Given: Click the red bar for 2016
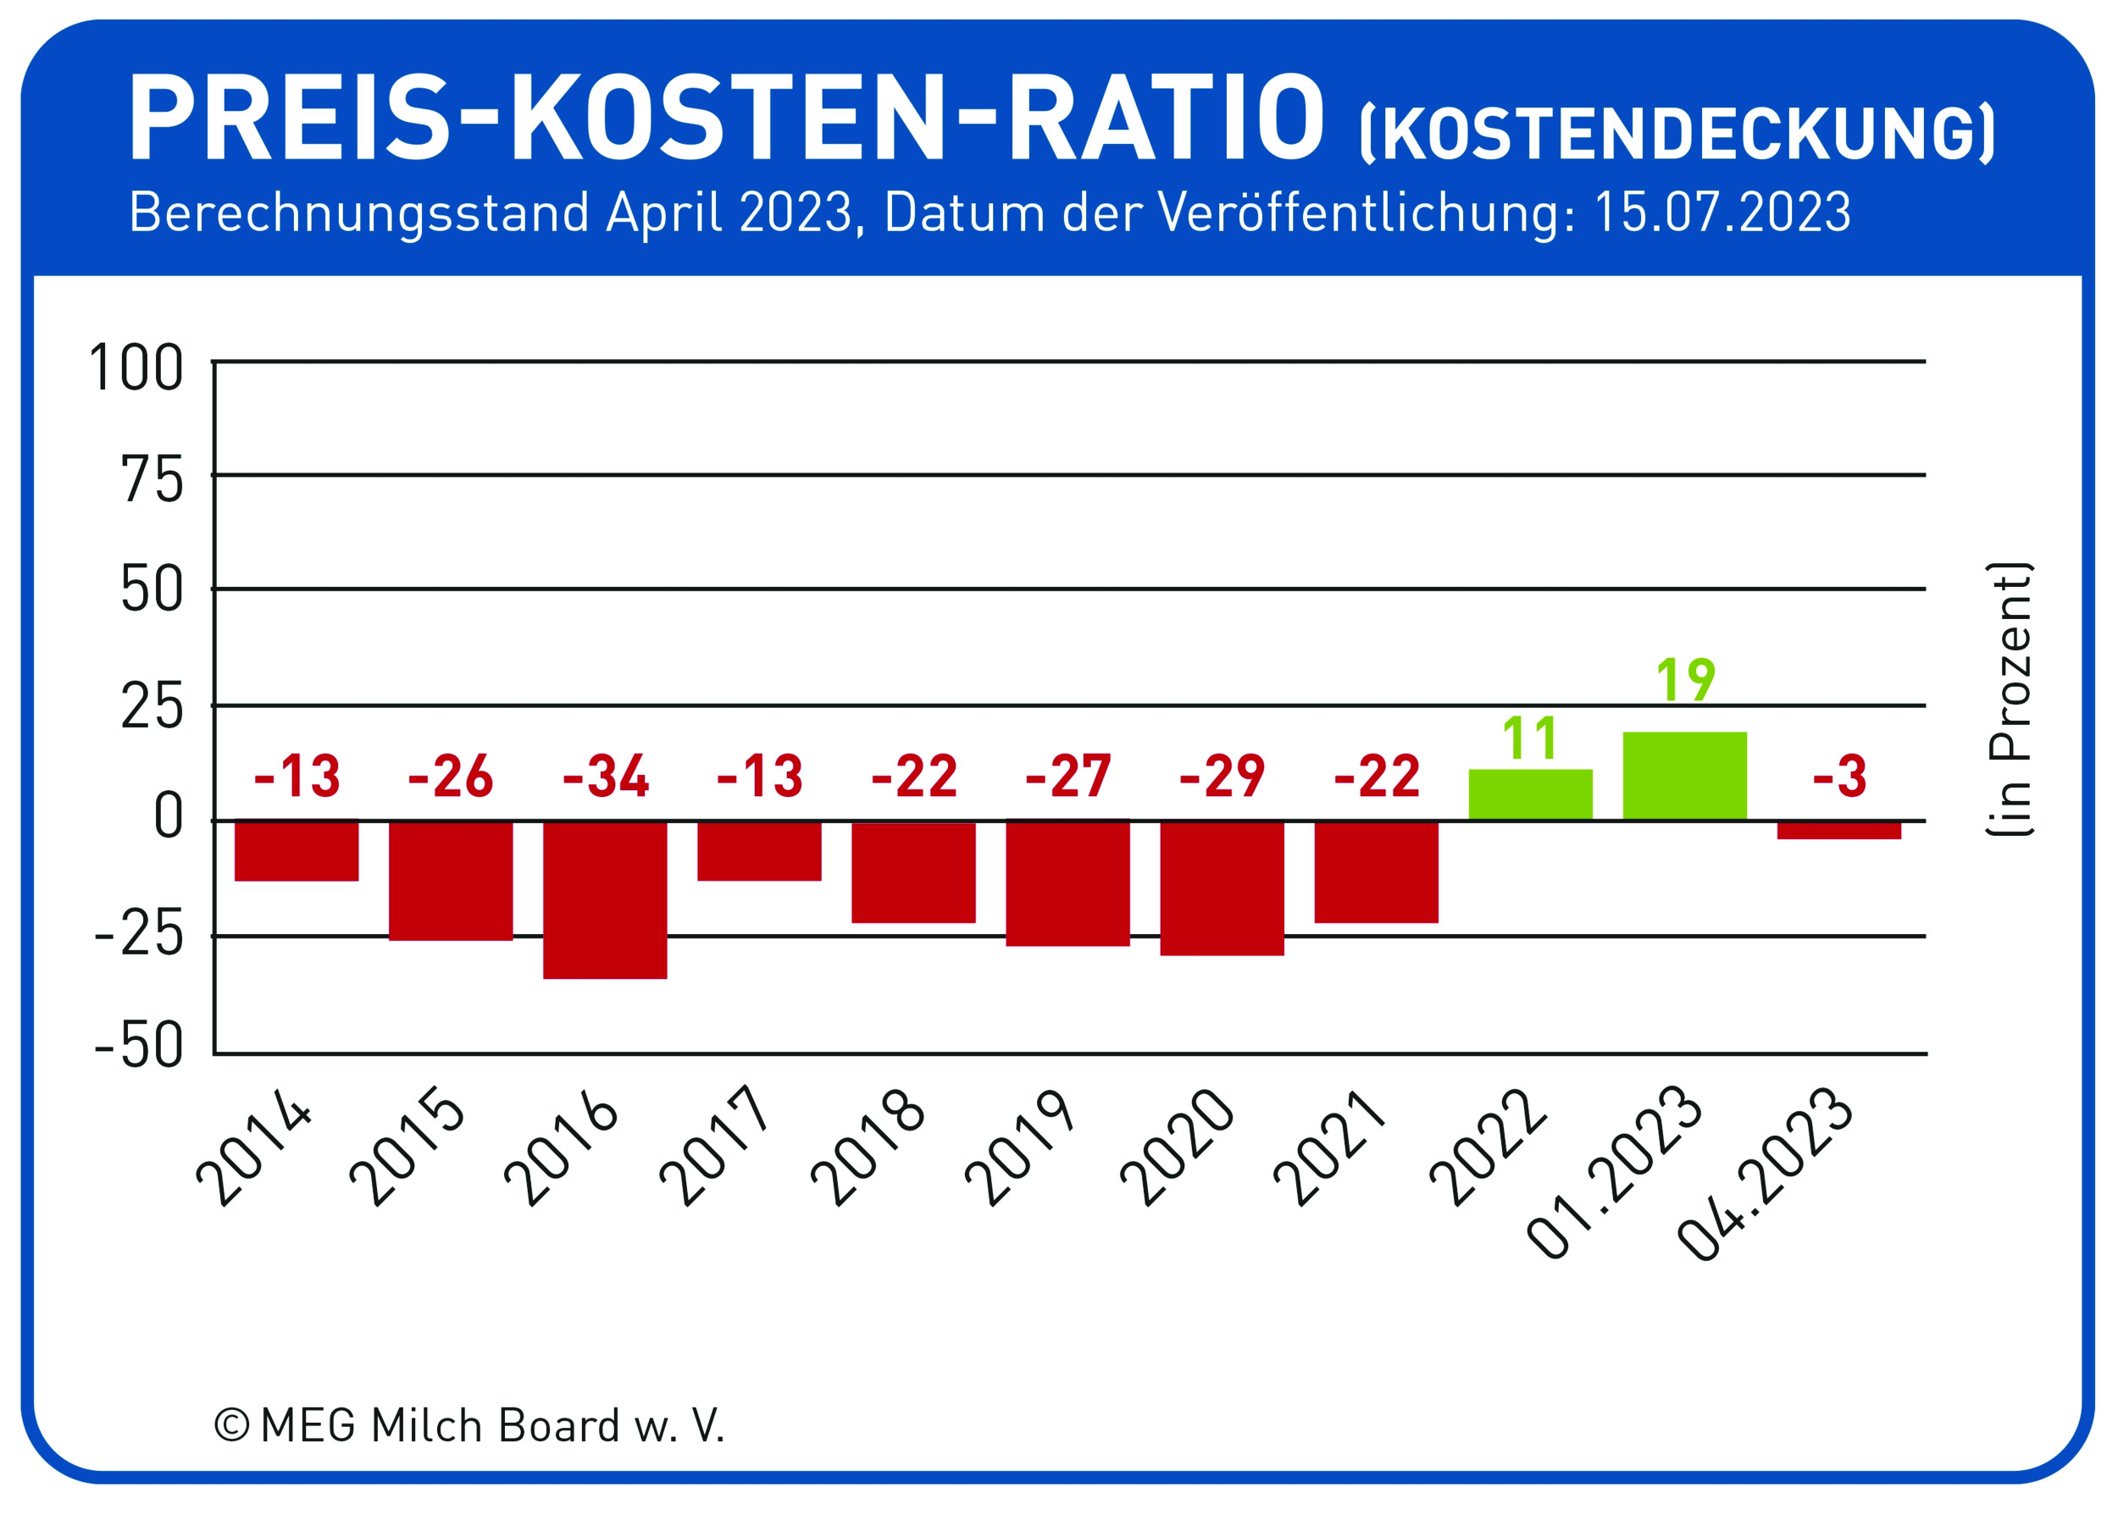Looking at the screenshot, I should click(x=605, y=899).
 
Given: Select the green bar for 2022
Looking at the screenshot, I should click(x=1530, y=795).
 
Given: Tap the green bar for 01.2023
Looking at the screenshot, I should click(x=1684, y=777).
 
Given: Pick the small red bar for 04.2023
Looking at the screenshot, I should click(x=1839, y=829).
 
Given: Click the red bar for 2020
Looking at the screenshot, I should click(x=1222, y=888).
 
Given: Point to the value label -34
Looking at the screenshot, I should click(x=605, y=777).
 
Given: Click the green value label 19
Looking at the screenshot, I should click(x=1685, y=680).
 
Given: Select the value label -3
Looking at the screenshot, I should click(x=1839, y=777).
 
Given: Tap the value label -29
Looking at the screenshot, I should click(x=1222, y=777).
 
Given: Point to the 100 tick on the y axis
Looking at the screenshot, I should click(x=136, y=368).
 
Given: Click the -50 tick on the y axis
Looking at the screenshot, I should click(x=139, y=1046).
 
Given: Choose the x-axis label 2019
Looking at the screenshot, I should click(x=1022, y=1149).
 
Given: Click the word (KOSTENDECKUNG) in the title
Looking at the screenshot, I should click(x=1677, y=134).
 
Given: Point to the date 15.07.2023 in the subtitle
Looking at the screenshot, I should click(x=1722, y=213).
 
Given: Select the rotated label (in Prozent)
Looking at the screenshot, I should click(x=2009, y=699).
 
